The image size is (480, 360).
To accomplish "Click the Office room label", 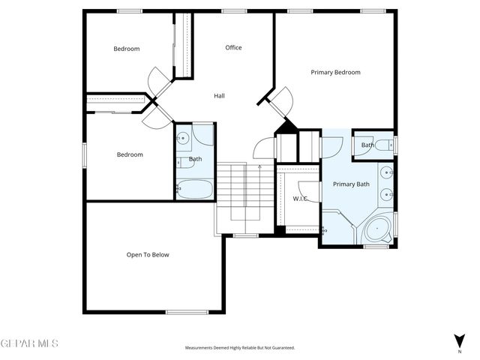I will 233,48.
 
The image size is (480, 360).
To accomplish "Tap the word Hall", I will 219,96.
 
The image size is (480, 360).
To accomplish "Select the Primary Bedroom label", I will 335,73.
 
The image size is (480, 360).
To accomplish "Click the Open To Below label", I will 148,255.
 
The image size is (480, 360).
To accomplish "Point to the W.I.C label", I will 300,199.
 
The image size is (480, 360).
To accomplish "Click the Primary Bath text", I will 351,184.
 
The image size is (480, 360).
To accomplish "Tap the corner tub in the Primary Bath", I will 378,229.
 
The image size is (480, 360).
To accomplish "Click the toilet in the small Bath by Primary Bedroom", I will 384,145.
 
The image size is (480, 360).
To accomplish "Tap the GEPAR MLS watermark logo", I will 29,343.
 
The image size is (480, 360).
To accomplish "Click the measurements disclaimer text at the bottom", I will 240,348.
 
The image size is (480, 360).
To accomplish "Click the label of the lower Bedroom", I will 130,154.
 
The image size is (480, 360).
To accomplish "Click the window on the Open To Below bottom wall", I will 186,312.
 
